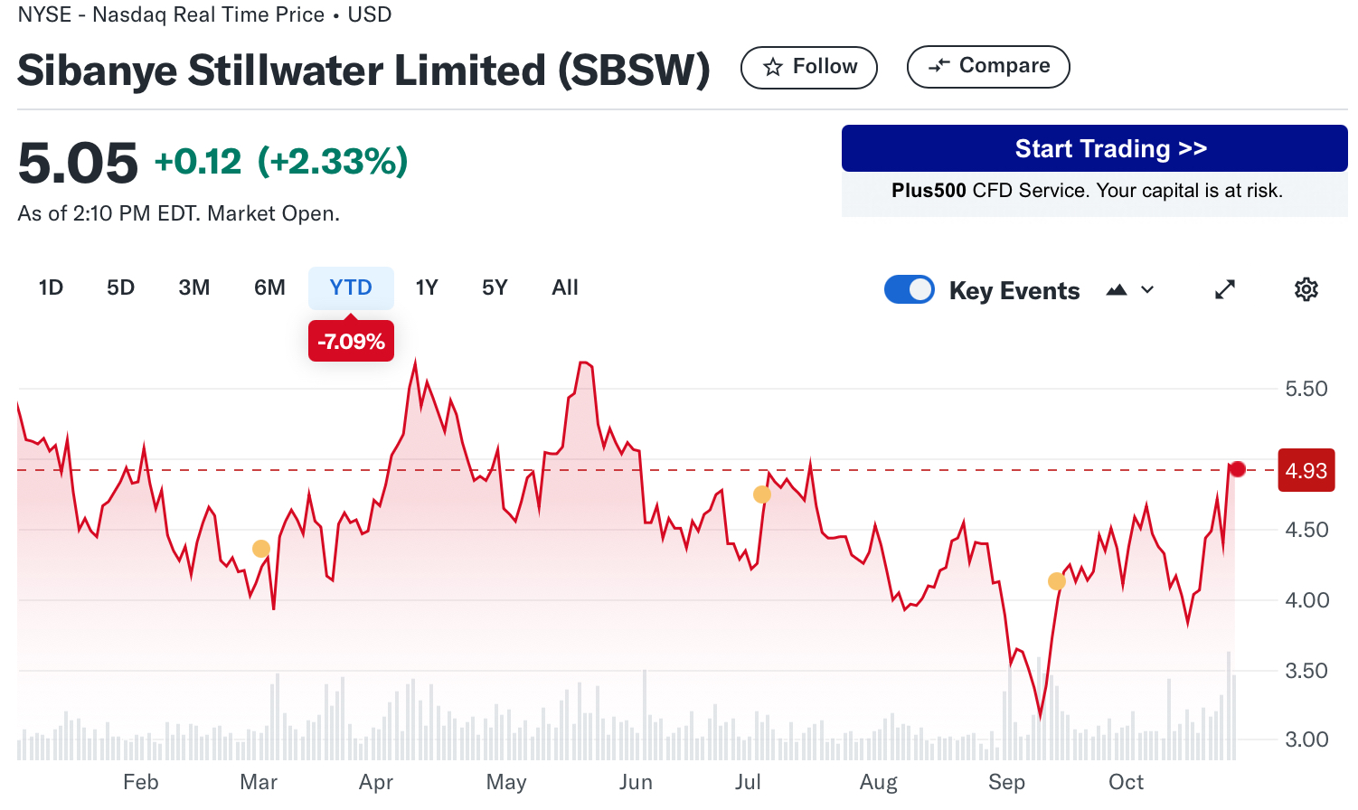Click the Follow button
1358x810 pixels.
pyautogui.click(x=808, y=67)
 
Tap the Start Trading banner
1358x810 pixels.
pyautogui.click(x=1094, y=148)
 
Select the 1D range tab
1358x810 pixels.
pyautogui.click(x=51, y=287)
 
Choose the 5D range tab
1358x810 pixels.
pyautogui.click(x=120, y=287)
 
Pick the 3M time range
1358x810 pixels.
pyautogui.click(x=194, y=287)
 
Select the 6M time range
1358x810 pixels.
pyautogui.click(x=269, y=287)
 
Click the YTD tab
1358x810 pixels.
pyautogui.click(x=351, y=287)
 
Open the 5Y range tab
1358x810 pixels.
pyautogui.click(x=495, y=287)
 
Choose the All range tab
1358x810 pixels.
pyautogui.click(x=565, y=287)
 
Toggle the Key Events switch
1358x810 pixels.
pyautogui.click(x=910, y=289)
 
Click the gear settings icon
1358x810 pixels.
pyautogui.click(x=1306, y=289)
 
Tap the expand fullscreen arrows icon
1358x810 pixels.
pyautogui.click(x=1225, y=289)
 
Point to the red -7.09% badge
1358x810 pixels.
pyautogui.click(x=351, y=342)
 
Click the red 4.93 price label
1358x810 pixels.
pyautogui.click(x=1306, y=470)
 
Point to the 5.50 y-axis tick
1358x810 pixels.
pyautogui.click(x=1306, y=389)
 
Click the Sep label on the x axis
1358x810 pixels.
pyautogui.click(x=1006, y=782)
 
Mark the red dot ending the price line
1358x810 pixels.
pyautogui.click(x=1238, y=469)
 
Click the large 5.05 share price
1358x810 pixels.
pyautogui.click(x=78, y=164)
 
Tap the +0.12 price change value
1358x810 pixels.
pyautogui.click(x=198, y=162)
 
